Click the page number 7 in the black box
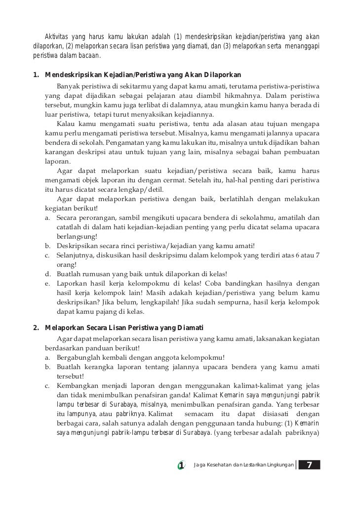tap(309, 465)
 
